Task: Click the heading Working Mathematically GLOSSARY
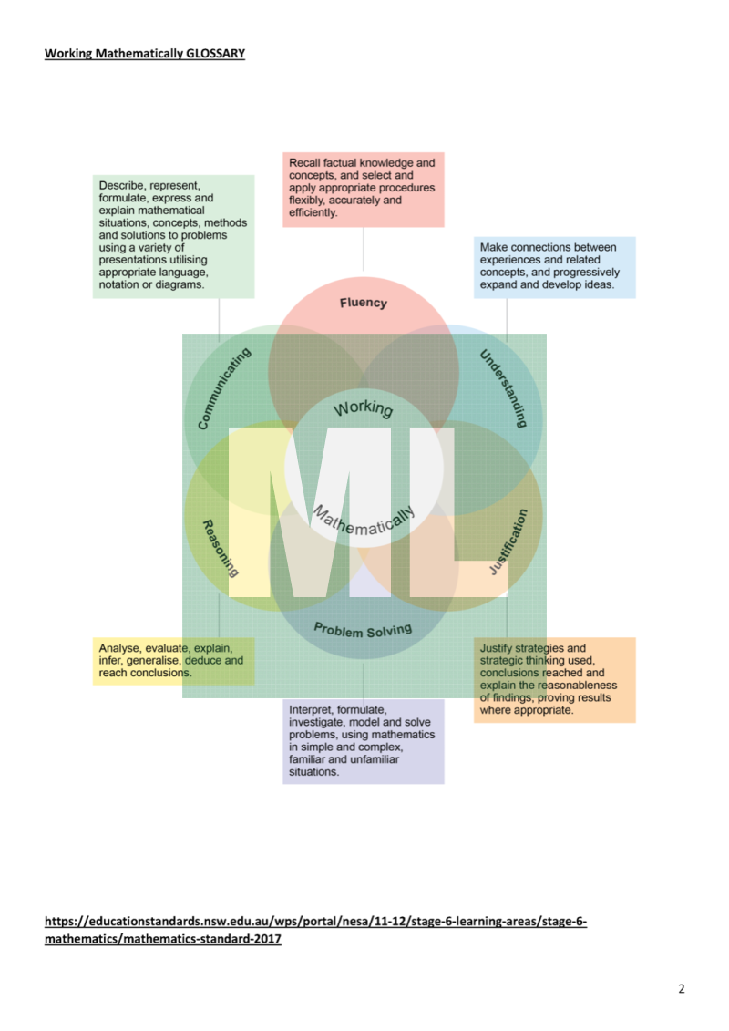145,54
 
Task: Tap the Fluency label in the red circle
363,303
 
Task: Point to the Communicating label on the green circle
224,388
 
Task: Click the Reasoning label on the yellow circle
220,548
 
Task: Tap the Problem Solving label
363,629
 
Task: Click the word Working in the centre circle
363,407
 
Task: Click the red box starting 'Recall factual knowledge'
363,189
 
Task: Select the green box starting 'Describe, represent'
173,236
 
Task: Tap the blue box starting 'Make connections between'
554,266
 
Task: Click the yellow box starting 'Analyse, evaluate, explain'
173,660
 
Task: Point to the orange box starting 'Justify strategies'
554,679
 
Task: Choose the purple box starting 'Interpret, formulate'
363,740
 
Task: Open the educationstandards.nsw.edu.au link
315,930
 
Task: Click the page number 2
681,988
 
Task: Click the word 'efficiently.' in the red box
313,212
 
